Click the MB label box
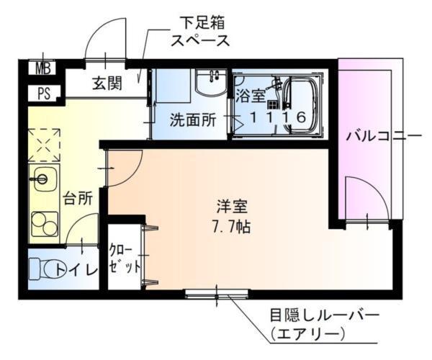(41, 69)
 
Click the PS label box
(41, 93)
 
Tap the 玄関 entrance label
(107, 84)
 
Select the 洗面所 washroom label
(192, 120)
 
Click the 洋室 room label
(232, 207)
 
